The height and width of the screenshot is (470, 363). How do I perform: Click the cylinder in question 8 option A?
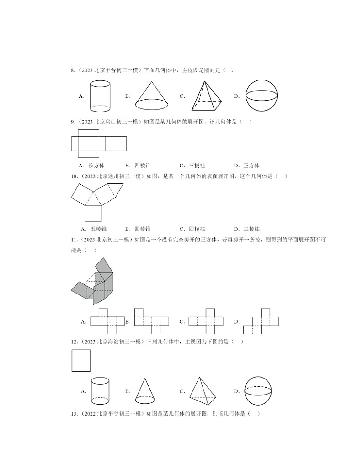pyautogui.click(x=101, y=96)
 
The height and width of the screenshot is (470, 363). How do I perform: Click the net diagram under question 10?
pyautogui.click(x=96, y=201)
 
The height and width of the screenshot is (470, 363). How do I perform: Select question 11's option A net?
pyautogui.click(x=107, y=321)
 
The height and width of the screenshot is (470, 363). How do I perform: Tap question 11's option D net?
pyautogui.click(x=261, y=321)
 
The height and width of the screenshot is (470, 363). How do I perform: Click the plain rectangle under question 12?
pyautogui.click(x=81, y=361)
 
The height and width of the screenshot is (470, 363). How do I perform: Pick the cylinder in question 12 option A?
pyautogui.click(x=101, y=391)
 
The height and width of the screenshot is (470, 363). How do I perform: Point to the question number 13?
pyautogui.click(x=73, y=414)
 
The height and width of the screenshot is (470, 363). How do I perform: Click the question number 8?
pyautogui.click(x=72, y=70)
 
